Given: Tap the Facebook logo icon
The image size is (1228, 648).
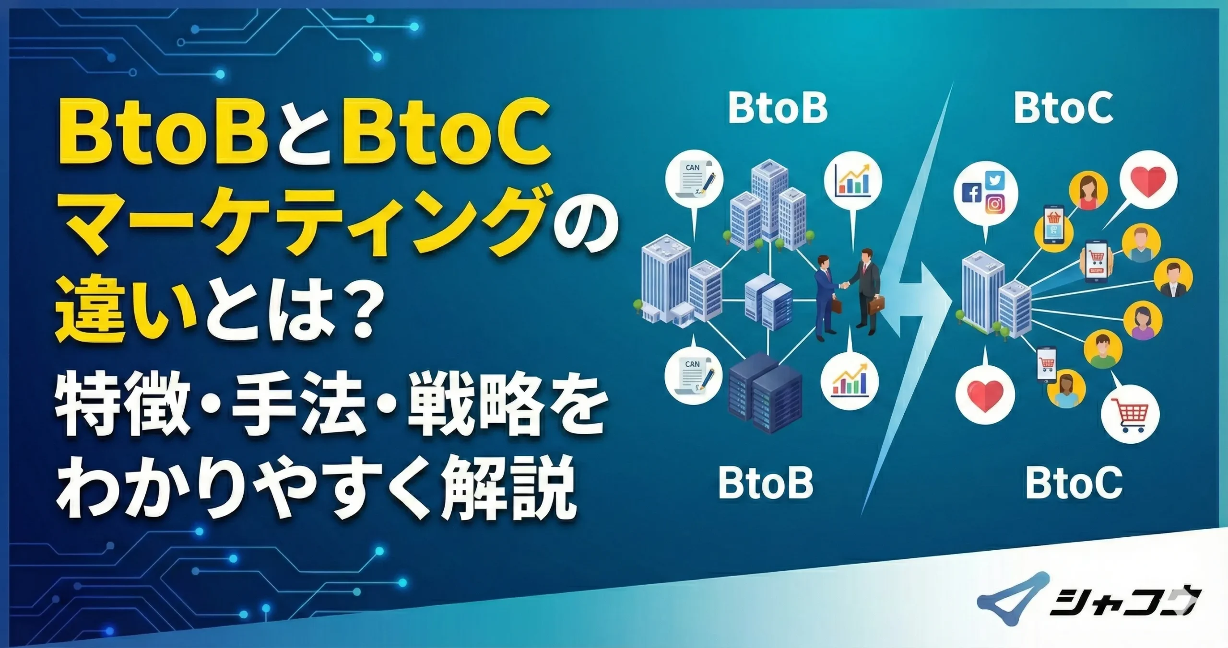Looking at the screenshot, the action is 972,193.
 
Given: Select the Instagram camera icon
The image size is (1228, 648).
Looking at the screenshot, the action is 995,204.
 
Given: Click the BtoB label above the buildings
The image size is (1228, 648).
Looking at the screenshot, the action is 778,109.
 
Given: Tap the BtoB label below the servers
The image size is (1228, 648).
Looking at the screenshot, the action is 766,483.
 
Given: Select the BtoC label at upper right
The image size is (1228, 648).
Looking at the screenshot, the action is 1064,109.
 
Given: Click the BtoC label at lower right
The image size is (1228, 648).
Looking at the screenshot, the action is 1074,483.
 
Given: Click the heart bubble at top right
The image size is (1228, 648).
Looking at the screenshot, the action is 1148,181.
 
